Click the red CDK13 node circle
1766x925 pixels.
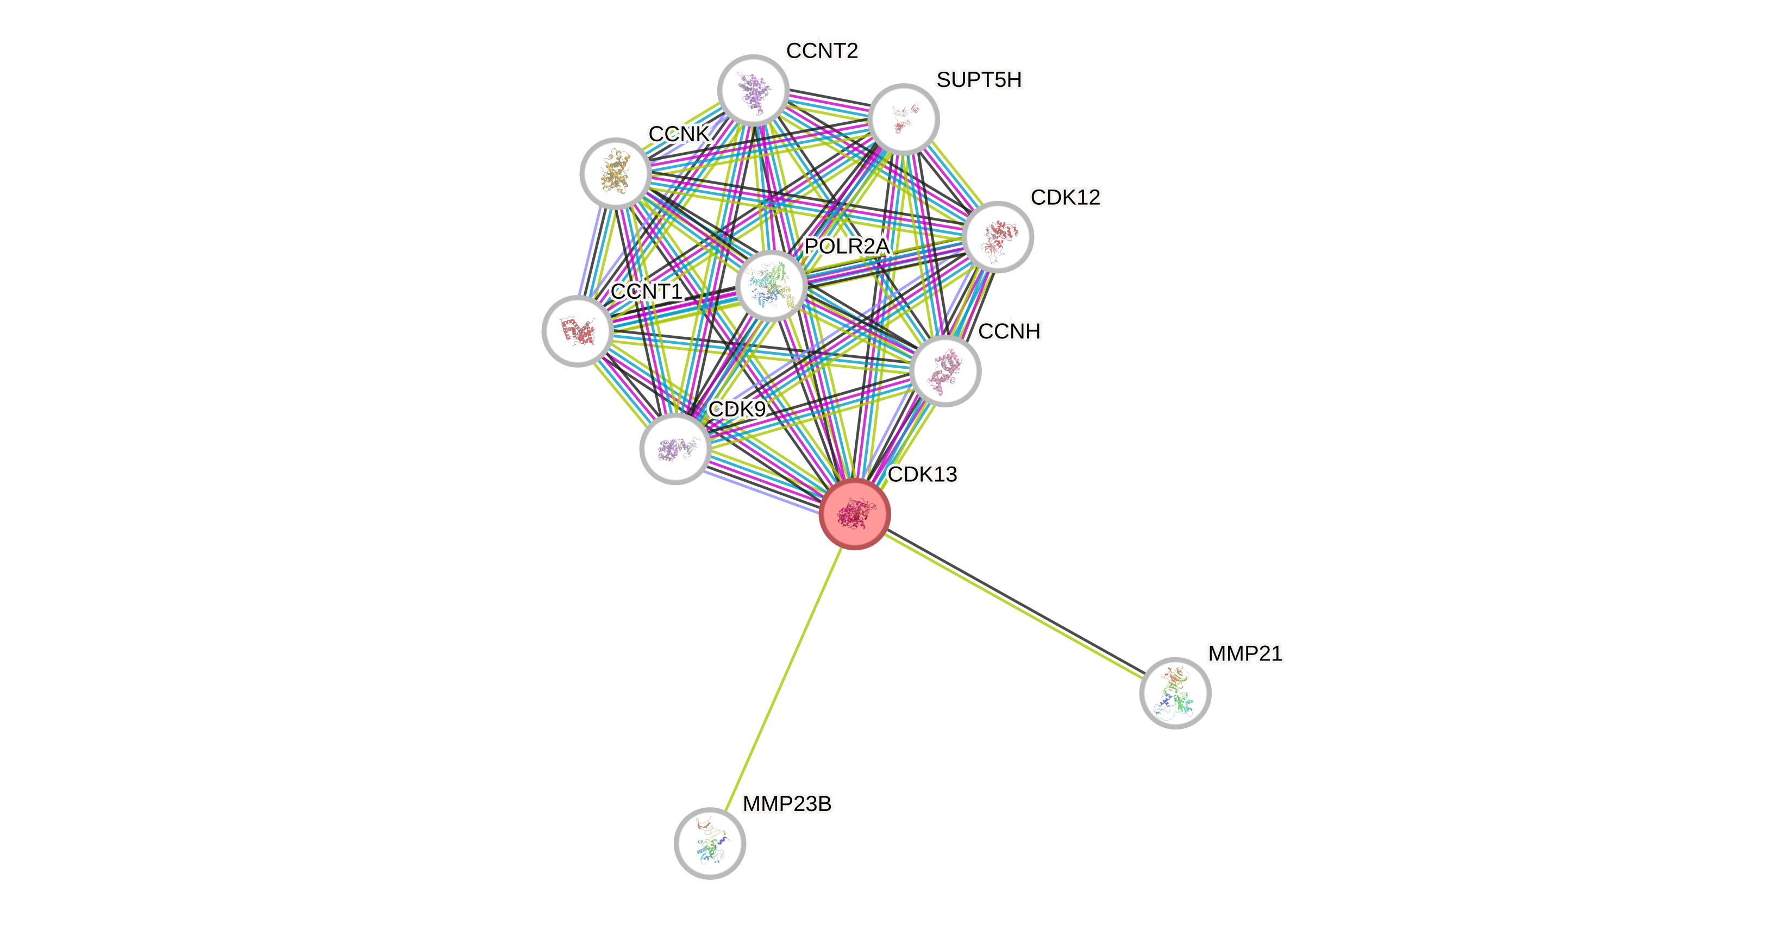click(x=854, y=513)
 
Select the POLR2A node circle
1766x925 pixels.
click(x=771, y=285)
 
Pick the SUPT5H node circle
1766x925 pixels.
click(x=903, y=119)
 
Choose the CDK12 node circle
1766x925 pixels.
click(x=998, y=237)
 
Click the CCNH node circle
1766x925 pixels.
click(x=945, y=370)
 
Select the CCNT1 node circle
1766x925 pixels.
click(x=577, y=331)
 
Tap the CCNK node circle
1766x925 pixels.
click(x=615, y=173)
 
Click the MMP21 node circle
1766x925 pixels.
click(x=1175, y=693)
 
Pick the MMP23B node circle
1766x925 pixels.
click(x=710, y=844)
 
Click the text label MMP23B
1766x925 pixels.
click(x=787, y=804)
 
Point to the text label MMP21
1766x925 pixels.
click(x=1245, y=653)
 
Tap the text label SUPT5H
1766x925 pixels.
click(x=979, y=80)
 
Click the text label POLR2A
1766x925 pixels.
click(x=847, y=246)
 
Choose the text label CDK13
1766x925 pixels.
click(x=923, y=474)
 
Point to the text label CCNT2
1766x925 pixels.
click(x=822, y=51)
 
